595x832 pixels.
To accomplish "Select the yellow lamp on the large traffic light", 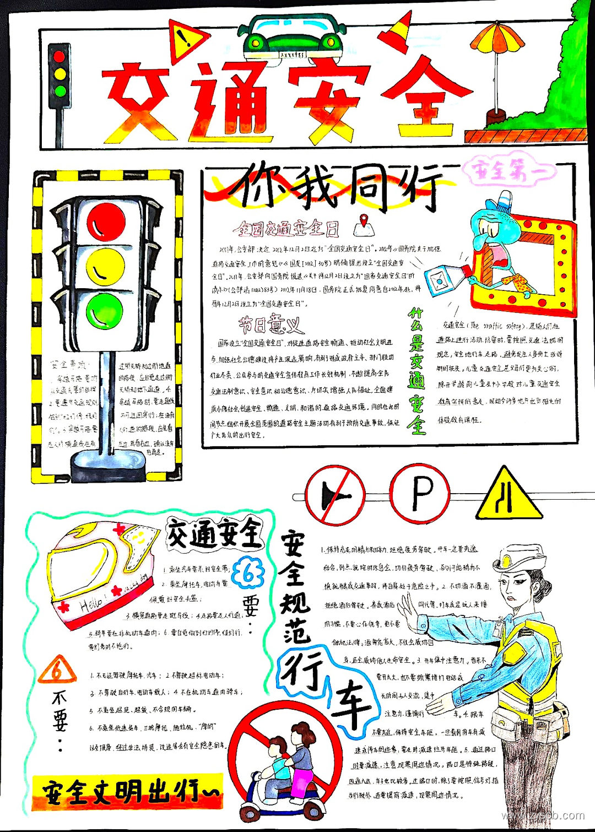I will tap(106, 267).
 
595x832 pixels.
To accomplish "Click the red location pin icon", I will tap(361, 224).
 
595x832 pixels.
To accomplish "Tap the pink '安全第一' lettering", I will tap(510, 171).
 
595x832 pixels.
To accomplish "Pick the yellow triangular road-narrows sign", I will tap(509, 496).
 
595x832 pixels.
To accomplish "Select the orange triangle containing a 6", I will tap(56, 671).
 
